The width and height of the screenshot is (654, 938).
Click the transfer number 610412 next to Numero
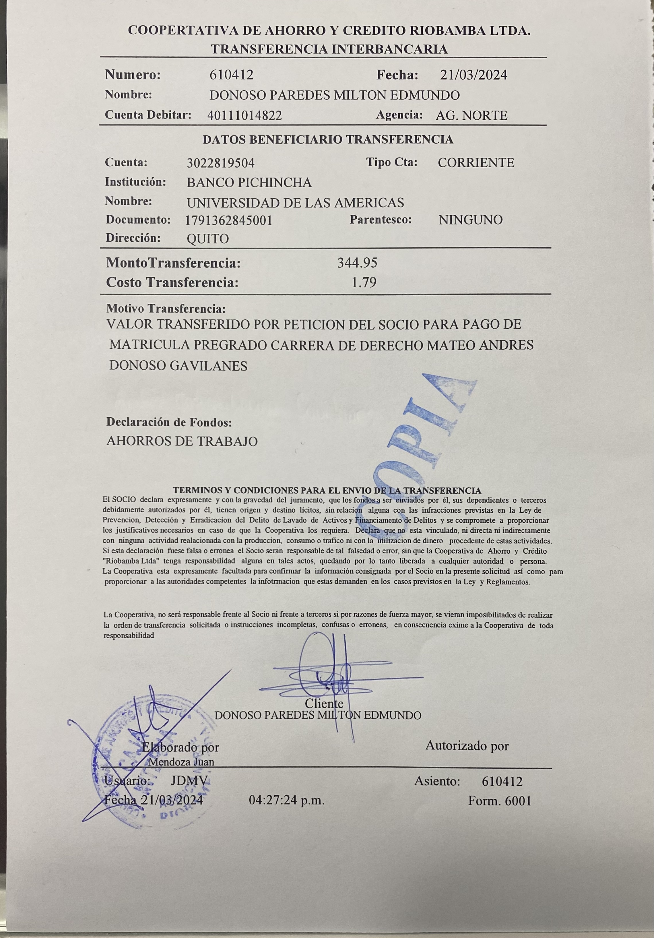tap(231, 75)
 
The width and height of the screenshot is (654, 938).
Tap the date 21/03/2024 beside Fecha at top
tap(473, 75)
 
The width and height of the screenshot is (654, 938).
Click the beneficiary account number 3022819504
tap(221, 163)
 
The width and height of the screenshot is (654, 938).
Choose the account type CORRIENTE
tap(476, 162)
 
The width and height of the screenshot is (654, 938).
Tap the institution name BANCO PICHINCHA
tap(249, 182)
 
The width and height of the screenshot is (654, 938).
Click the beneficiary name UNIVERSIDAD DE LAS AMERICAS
tap(295, 202)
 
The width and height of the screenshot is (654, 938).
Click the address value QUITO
tap(207, 239)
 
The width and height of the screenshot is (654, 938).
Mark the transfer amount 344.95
tap(357, 263)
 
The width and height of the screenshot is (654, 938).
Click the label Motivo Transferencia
tap(166, 309)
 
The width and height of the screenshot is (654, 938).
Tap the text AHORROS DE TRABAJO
tap(182, 441)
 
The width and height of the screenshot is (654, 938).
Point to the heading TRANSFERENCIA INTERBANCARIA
tap(329, 49)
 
